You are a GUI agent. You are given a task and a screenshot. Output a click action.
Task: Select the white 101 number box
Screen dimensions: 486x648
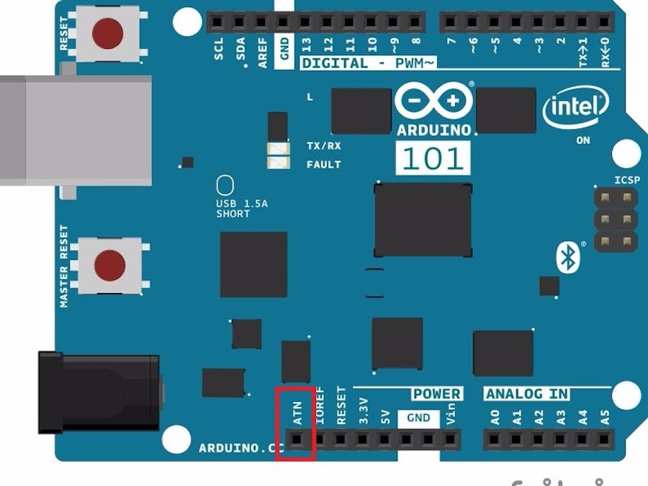433,158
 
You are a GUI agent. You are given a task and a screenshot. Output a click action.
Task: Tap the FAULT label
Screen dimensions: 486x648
323,164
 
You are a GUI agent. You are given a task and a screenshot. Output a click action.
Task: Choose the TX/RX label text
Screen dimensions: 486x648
323,146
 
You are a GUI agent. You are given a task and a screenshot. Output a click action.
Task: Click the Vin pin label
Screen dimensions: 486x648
451,416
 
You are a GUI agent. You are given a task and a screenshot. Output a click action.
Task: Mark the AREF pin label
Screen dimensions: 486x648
263,53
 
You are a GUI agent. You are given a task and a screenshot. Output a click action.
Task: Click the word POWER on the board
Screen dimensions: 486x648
436,395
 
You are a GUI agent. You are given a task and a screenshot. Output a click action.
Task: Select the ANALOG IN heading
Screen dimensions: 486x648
527,395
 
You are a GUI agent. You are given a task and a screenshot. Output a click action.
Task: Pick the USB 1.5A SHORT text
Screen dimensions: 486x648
242,209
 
